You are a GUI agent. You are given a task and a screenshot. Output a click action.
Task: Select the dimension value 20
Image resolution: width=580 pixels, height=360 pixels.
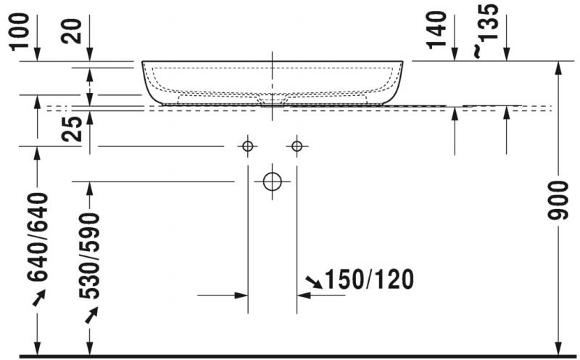point(72,30)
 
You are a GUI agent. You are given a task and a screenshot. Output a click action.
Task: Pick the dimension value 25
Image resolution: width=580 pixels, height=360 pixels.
point(72,129)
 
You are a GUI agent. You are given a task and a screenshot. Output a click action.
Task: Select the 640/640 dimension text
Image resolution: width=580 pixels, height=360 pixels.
point(37,237)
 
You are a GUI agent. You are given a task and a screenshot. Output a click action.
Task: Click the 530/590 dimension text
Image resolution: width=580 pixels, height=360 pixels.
point(89,256)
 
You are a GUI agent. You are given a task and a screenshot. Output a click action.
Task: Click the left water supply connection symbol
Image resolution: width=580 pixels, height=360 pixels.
point(248,147)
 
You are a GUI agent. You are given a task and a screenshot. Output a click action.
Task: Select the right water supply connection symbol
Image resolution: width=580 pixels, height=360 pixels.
point(297,147)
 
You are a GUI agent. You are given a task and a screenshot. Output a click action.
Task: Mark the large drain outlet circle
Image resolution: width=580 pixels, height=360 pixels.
point(272,181)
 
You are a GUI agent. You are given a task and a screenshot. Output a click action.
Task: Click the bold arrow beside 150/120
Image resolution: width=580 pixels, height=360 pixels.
point(313,281)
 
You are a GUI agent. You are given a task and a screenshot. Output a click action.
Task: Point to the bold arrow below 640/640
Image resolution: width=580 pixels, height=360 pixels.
point(37,297)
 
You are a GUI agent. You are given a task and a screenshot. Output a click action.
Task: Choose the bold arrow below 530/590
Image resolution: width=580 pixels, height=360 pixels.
point(90,315)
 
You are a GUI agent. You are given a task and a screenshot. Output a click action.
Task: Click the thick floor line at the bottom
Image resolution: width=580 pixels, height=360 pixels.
point(290,356)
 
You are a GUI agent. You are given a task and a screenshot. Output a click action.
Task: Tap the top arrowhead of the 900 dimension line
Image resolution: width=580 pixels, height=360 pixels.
point(559,67)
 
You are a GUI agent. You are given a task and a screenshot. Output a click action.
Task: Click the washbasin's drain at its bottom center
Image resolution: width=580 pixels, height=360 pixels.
point(272,102)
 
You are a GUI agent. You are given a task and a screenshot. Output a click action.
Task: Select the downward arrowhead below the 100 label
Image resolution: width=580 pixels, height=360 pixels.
point(37,56)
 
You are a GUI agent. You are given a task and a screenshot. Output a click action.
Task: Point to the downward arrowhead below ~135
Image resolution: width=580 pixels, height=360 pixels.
point(505,56)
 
